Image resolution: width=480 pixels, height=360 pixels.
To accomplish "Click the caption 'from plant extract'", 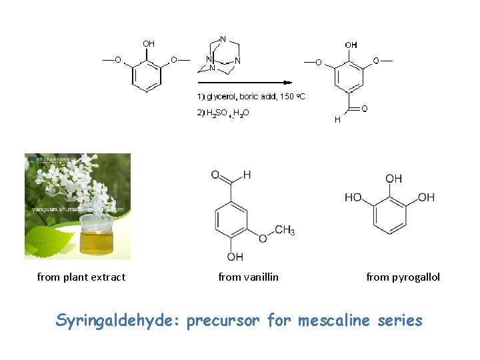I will coord(81,277).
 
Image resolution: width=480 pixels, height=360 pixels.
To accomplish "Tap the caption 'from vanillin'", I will coord(249,277).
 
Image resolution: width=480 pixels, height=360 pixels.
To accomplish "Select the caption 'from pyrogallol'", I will coord(403,277).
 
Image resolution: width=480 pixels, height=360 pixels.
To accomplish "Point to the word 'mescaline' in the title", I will coord(329,321).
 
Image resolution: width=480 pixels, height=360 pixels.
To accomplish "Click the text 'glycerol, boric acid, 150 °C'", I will coord(255,97).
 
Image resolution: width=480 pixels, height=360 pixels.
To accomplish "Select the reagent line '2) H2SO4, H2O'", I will coord(223,113).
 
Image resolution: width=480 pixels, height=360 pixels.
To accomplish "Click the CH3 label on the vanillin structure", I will coord(284,231).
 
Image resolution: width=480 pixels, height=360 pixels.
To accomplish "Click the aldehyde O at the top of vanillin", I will coord(215,175).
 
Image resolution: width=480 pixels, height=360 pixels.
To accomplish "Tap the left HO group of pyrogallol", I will coord(353,197).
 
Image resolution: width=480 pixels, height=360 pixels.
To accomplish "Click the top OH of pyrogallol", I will coord(393,179).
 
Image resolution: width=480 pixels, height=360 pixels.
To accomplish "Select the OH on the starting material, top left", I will coord(148,43).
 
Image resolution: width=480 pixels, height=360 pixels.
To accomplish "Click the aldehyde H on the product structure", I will coord(337,120).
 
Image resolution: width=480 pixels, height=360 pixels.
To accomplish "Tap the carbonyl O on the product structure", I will coord(364,108).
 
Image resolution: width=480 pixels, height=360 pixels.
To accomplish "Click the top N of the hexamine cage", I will coord(223,38).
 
